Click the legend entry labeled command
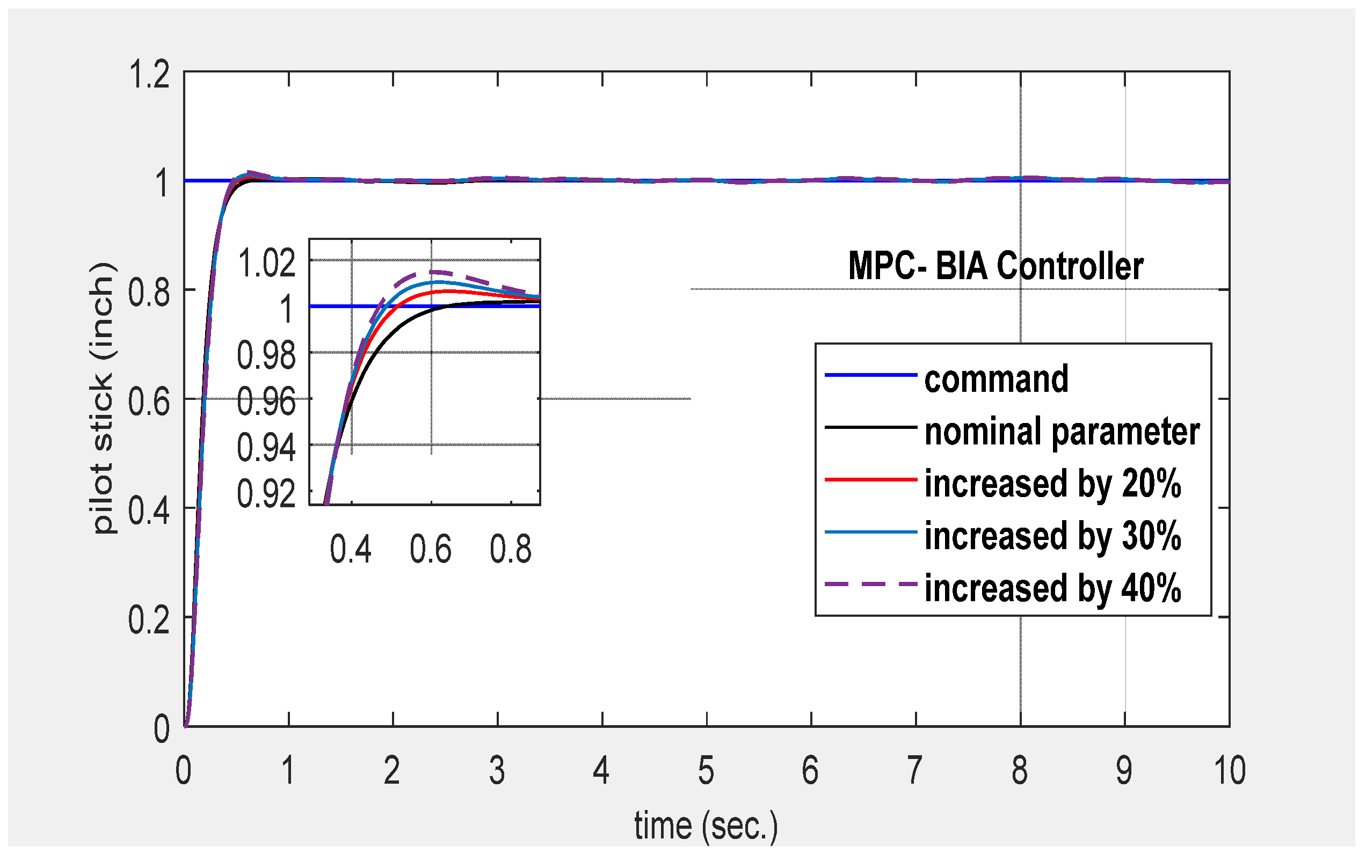(x=996, y=379)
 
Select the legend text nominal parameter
(x=1062, y=432)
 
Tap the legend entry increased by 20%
(x=1052, y=484)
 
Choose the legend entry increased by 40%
(x=1052, y=588)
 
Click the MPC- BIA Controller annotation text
(x=996, y=266)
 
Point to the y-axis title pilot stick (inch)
(x=104, y=398)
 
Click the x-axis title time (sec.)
(x=706, y=826)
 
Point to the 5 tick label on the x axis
(x=706, y=770)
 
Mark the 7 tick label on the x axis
(x=915, y=770)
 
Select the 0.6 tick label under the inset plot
(x=431, y=549)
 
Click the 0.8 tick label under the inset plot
(x=511, y=549)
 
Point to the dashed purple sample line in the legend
(x=870, y=584)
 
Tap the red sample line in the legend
(x=870, y=479)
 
